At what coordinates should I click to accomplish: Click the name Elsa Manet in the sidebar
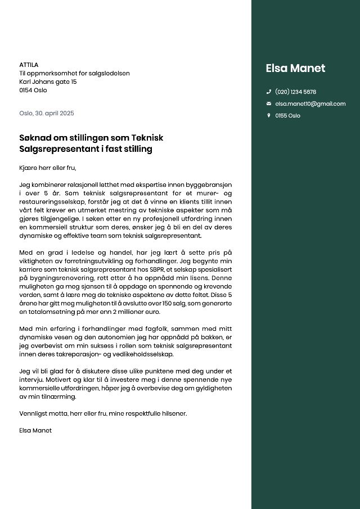(x=295, y=69)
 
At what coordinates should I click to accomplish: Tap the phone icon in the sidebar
(x=268, y=92)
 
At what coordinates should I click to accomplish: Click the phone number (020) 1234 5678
(x=295, y=92)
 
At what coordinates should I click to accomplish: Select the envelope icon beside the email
(x=268, y=103)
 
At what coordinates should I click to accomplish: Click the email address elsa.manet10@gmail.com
(x=310, y=103)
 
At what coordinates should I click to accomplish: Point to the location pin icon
(x=268, y=115)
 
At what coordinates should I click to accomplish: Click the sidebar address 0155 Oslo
(x=287, y=115)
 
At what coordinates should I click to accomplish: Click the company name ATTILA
(x=29, y=65)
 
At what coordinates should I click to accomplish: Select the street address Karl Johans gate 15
(x=48, y=82)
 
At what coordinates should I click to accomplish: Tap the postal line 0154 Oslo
(x=33, y=90)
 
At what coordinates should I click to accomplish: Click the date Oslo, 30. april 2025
(x=47, y=113)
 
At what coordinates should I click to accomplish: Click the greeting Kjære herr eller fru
(x=47, y=168)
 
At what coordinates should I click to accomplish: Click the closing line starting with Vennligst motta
(x=103, y=413)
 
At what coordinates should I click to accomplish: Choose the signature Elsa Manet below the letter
(x=35, y=430)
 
